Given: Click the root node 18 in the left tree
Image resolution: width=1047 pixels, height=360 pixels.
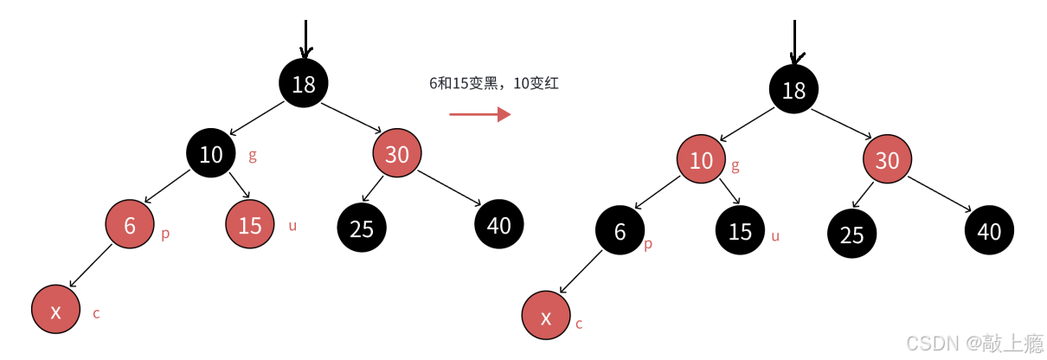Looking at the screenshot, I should point(304,84).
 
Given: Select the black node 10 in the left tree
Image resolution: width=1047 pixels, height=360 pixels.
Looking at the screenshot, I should point(211,156).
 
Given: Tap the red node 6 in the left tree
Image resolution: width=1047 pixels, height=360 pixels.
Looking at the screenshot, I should point(131,225).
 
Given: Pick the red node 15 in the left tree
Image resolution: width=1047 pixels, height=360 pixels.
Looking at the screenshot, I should point(250,226).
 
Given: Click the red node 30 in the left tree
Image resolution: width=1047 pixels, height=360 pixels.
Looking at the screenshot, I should point(397,155).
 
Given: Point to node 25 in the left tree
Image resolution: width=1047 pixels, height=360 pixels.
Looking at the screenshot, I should point(362,228).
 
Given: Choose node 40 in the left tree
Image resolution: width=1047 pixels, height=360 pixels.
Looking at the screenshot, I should point(499,225).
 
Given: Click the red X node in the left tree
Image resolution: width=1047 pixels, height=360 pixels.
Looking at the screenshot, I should point(55,312).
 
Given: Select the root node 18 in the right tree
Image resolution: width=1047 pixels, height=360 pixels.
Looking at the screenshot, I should point(793,89).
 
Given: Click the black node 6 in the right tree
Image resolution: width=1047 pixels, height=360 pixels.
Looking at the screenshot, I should point(620,232).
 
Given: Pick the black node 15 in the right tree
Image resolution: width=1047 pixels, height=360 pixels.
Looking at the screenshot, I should point(741,233).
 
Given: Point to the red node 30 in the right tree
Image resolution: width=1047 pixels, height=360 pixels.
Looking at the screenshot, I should point(888,161).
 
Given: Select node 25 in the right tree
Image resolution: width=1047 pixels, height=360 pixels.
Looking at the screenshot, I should point(852,235).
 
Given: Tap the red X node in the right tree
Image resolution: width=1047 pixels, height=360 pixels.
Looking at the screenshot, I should point(547,318).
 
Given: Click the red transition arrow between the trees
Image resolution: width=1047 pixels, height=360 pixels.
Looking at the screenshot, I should point(480,114).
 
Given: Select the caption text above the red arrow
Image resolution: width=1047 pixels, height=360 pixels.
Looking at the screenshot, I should point(488,84).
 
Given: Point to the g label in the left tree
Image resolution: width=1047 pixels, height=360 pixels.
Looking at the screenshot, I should point(253,157).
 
